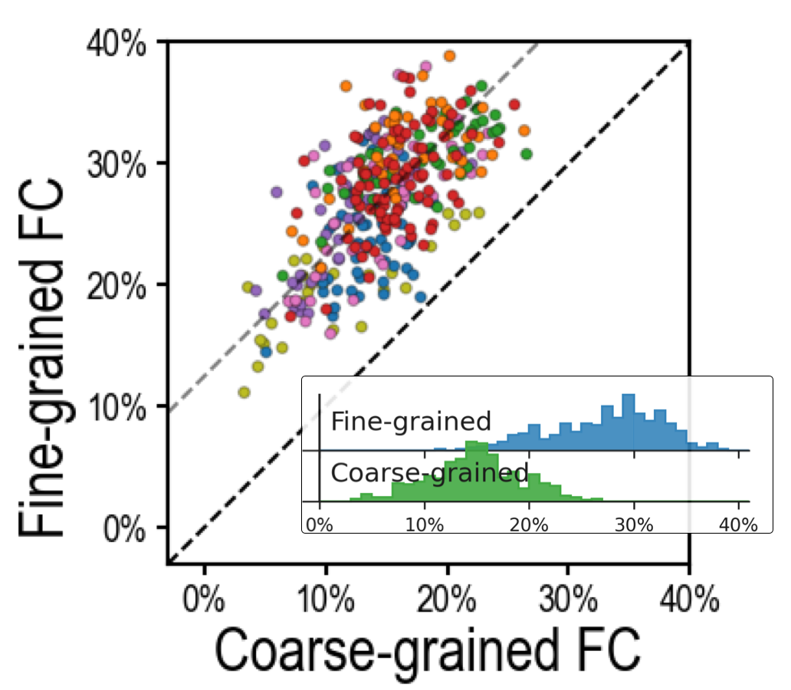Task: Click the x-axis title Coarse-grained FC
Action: [x=427, y=652]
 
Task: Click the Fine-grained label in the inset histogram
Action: [x=410, y=421]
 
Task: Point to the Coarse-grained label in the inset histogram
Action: [x=429, y=473]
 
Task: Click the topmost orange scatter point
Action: [x=450, y=55]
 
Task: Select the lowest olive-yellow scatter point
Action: [x=245, y=393]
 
